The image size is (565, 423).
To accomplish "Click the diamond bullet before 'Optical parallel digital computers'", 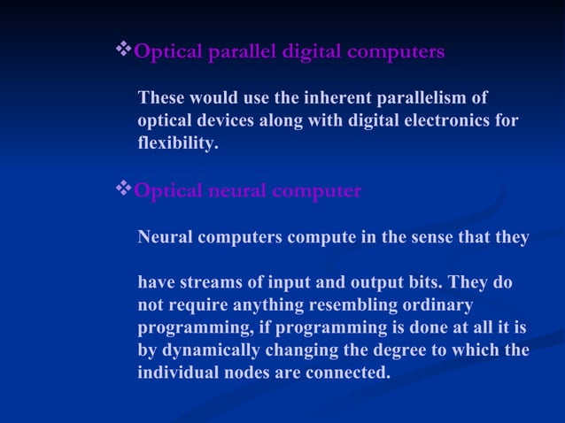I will click(123, 50).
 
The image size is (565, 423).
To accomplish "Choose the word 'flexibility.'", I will click(177, 142).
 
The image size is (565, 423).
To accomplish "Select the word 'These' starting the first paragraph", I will click(161, 96).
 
